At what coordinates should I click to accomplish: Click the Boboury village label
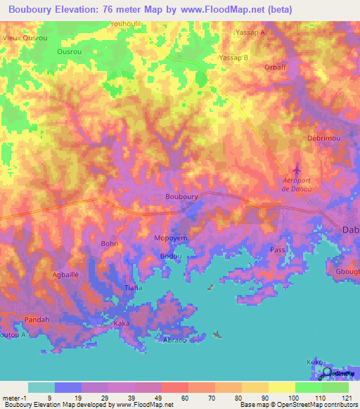tap(181, 197)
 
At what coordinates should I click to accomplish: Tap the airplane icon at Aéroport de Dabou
tap(296, 169)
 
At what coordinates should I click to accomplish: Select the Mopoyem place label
tap(171, 238)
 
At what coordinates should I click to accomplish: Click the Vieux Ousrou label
tap(25, 37)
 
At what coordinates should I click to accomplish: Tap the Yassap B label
tap(234, 58)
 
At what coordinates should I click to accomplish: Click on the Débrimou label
tap(324, 138)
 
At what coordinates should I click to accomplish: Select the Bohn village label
tap(110, 244)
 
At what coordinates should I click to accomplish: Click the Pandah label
tap(37, 319)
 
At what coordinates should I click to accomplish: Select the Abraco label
tap(174, 340)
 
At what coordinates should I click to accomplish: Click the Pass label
tap(277, 249)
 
